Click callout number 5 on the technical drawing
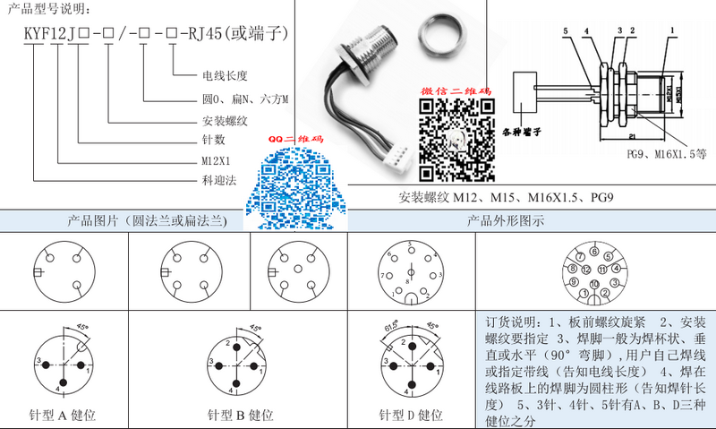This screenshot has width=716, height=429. click(x=566, y=31)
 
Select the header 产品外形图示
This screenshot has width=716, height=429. click(x=505, y=220)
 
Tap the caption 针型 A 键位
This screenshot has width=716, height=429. click(x=64, y=416)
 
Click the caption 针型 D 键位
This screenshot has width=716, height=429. click(x=411, y=416)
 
